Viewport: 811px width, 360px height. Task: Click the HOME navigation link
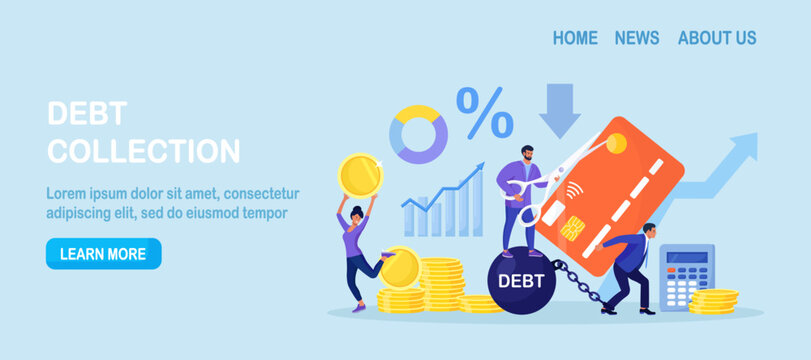[x=575, y=38]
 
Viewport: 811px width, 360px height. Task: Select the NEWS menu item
[x=637, y=38]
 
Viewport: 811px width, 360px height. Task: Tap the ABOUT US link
[x=717, y=38]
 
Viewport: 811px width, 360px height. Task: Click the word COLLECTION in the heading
[x=144, y=152]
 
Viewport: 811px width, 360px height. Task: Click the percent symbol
[x=485, y=112]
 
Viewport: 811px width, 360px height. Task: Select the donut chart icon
[x=418, y=134]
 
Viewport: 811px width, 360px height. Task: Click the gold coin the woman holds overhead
[x=359, y=175]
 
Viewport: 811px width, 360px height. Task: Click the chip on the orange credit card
[x=573, y=228]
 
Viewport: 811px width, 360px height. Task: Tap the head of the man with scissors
[x=529, y=157]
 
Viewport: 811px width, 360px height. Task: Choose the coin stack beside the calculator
[x=714, y=300]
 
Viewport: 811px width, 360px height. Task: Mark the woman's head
[x=355, y=214]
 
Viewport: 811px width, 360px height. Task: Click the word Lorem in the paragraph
[x=67, y=194]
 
